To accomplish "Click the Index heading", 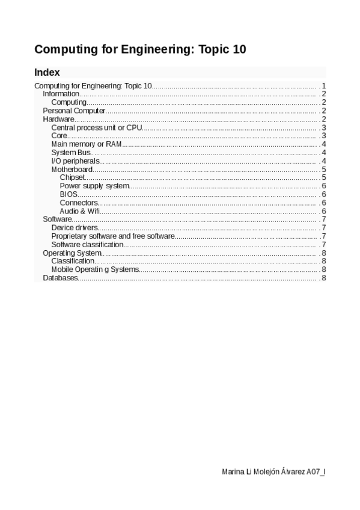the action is tap(47, 72).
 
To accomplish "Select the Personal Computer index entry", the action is tap(74, 111).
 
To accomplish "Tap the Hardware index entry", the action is tap(58, 119).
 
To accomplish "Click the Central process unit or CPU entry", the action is tap(96, 127).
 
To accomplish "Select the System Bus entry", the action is tap(72, 153).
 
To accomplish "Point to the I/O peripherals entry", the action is tap(75, 161).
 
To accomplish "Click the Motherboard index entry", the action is tap(72, 170).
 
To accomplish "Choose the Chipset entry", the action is tap(73, 177).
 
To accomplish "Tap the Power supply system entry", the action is tap(94, 186).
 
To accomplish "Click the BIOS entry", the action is tap(69, 194).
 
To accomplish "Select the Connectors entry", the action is tap(79, 203).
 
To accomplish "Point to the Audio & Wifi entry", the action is tap(80, 211).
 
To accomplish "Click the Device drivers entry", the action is tap(75, 228).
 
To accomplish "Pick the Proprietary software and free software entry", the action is tap(113, 236).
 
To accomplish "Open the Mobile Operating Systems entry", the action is tap(95, 269).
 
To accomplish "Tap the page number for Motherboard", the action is tap(324, 170).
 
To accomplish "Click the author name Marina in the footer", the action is tap(233, 472).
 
